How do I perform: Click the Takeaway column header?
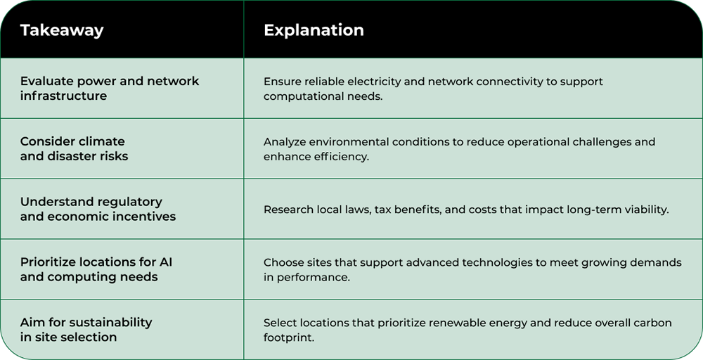click(x=62, y=30)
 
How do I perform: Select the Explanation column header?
click(x=314, y=30)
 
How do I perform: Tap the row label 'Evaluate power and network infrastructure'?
click(x=110, y=89)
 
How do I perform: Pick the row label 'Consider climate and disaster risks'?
click(x=74, y=148)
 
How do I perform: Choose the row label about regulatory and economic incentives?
click(x=98, y=209)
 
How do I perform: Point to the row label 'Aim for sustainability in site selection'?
click(x=86, y=330)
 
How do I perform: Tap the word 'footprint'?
click(x=289, y=337)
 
